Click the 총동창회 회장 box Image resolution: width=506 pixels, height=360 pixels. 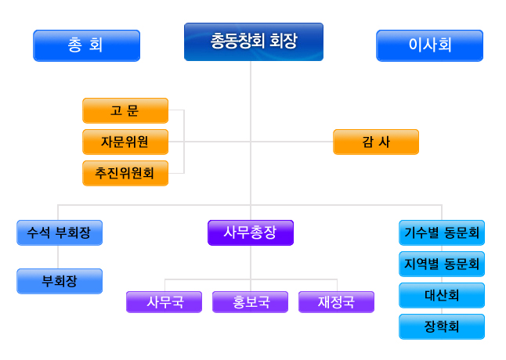254,41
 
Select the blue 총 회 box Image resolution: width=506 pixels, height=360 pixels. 86,45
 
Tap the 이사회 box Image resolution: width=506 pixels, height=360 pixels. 429,45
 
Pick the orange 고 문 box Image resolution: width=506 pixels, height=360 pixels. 125,110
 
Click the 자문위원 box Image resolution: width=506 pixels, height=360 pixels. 125,142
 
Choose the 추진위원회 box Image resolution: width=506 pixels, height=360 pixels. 125,173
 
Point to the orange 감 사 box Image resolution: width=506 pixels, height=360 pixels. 376,142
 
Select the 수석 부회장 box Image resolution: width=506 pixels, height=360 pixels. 60,232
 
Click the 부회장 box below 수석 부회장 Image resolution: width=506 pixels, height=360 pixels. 60,281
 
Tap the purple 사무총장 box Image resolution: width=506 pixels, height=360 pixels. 251,232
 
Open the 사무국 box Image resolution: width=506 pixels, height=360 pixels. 164,302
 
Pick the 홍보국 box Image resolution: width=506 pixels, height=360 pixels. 250,302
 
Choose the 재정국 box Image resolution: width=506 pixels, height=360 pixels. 336,302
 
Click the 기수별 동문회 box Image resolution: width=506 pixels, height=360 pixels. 442,232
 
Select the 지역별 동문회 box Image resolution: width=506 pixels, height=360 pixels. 442,264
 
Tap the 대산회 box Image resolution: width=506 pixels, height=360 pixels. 442,295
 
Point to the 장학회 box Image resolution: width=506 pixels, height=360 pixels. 442,326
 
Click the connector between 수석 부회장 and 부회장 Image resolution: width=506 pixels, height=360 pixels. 58,257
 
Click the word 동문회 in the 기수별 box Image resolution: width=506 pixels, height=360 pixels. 461,232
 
